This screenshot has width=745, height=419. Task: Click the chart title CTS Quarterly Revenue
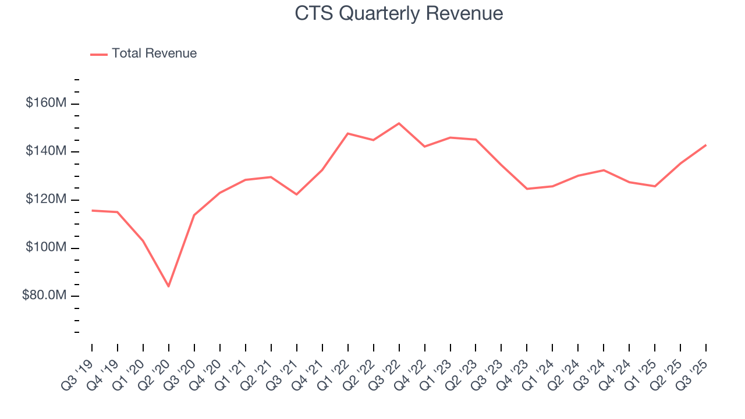click(399, 13)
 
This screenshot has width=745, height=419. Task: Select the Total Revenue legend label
click(154, 54)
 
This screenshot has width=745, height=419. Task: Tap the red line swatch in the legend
click(99, 54)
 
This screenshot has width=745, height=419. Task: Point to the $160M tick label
click(46, 104)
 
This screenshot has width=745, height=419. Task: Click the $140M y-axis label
click(46, 152)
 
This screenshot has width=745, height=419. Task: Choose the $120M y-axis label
click(46, 200)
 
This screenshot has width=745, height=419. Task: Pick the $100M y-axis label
click(46, 248)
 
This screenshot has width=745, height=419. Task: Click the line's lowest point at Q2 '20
click(169, 286)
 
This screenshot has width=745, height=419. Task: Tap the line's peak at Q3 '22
click(399, 123)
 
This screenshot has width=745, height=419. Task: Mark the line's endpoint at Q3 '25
click(706, 145)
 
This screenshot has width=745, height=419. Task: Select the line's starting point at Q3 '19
click(92, 211)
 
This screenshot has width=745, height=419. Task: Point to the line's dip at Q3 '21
click(297, 194)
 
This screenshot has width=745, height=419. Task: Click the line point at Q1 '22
click(347, 134)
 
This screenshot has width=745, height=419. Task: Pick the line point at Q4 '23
click(527, 189)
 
